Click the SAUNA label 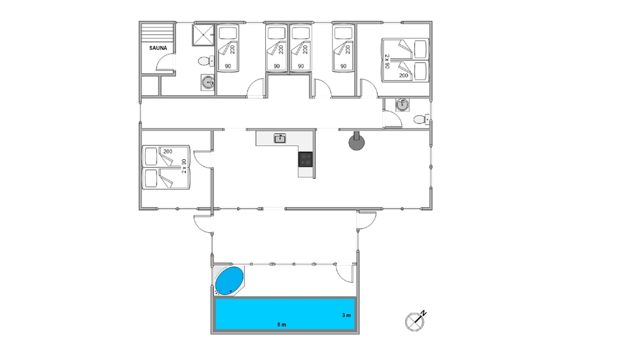point(158,48)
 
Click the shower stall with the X point(203,35)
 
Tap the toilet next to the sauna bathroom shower point(206,61)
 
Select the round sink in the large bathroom point(208,82)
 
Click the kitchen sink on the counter point(280,138)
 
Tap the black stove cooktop point(305,159)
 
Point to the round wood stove point(356,142)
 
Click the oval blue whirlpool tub point(229,281)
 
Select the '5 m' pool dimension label point(282,325)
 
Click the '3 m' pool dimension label point(346,315)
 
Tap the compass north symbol point(415,320)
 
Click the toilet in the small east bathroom point(421,120)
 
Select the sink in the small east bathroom point(402,105)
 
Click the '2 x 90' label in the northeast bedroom point(387,61)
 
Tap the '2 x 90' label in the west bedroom point(184,166)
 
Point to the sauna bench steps point(157,32)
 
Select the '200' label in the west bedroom point(167,152)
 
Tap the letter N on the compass point(424,313)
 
